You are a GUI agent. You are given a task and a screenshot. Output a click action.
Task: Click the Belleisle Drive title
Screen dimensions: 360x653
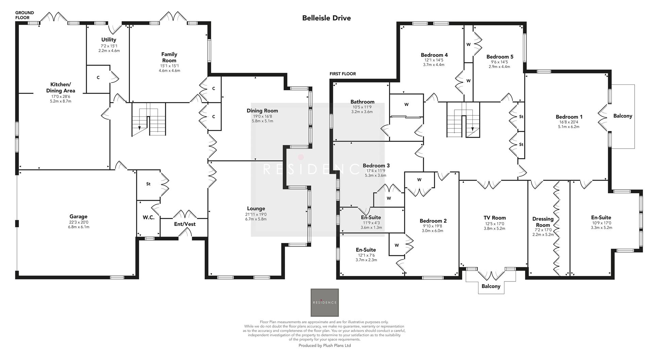coord(326,18)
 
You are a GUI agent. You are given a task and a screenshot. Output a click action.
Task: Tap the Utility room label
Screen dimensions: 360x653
coord(108,40)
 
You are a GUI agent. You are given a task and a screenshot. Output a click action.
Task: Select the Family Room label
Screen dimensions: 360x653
coord(169,57)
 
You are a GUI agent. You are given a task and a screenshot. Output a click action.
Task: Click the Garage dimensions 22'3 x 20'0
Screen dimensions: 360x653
coord(78,222)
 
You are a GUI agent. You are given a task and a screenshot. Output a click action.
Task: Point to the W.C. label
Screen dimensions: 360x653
coord(149,217)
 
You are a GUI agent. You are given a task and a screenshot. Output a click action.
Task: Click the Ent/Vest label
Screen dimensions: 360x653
coord(185,224)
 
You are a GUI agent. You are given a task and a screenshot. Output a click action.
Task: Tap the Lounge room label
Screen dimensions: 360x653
coord(256,209)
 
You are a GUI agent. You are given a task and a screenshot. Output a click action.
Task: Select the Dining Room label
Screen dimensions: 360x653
coord(262,111)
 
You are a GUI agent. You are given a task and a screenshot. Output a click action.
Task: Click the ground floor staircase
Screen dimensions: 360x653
coord(149,121)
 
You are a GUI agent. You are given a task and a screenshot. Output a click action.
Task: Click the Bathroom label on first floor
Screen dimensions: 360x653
coord(362,102)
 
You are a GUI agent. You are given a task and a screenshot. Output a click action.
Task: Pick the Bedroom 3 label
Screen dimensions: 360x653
coord(376,166)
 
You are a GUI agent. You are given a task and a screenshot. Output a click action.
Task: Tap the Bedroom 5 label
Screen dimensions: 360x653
coord(500,57)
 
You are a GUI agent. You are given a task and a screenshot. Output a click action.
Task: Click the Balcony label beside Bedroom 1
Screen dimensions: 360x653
coord(622,116)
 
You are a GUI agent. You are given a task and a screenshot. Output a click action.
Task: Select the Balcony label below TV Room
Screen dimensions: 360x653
coord(490,286)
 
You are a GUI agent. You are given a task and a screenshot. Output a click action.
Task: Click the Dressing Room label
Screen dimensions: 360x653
coord(543,222)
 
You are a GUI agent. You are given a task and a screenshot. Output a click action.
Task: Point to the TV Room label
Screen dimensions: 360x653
coord(495,218)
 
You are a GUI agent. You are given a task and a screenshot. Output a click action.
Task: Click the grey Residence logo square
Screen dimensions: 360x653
coord(324,302)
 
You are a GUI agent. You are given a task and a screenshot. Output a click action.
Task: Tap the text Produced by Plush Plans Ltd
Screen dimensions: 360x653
coord(324,345)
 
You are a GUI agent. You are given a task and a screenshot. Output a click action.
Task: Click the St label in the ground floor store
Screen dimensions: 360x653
coord(148,184)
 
